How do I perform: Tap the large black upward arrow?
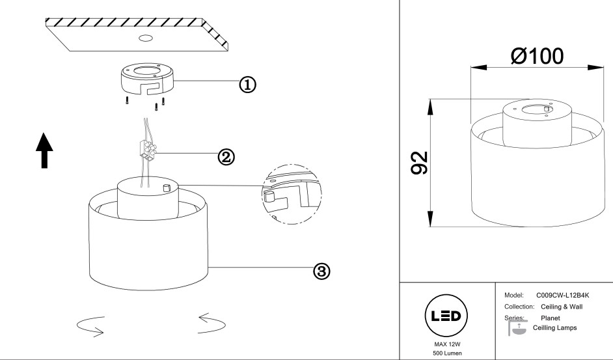44,148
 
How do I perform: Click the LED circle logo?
446,316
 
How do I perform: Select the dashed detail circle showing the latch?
292,193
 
